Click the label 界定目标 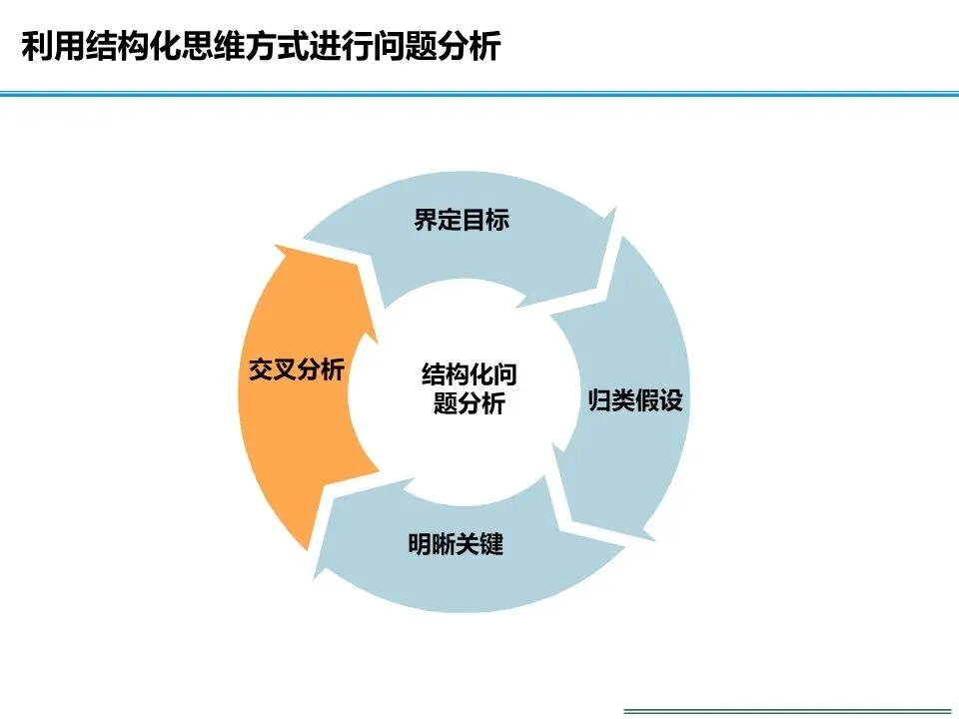462,221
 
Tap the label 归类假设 635,402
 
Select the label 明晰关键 456,545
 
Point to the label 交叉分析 297,370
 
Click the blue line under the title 479,94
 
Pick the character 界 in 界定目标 426,221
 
